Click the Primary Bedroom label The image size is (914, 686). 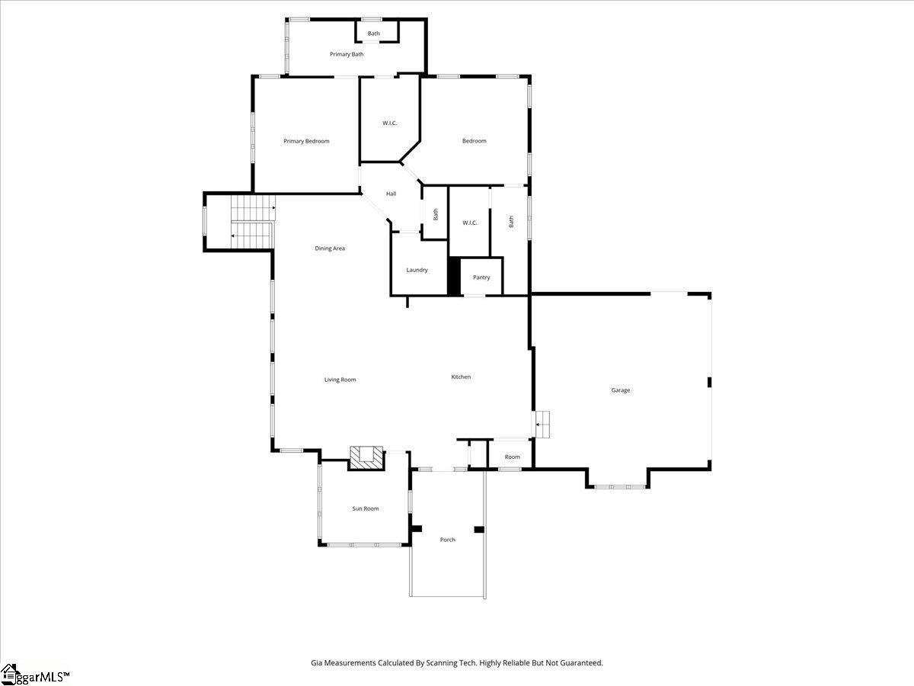tap(306, 141)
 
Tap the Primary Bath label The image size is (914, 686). tap(347, 54)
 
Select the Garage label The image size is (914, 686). tap(621, 390)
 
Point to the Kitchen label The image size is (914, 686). tap(461, 377)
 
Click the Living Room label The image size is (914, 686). tap(340, 380)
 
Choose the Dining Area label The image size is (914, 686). tap(330, 248)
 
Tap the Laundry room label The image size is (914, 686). tap(417, 271)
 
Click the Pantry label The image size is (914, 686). tap(481, 277)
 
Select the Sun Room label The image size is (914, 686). tap(365, 508)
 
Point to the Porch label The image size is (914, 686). tap(448, 540)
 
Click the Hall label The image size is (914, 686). tap(391, 194)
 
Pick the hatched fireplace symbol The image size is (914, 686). tap(366, 459)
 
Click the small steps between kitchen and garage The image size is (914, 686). tap(542, 425)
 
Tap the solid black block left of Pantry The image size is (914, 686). tap(454, 277)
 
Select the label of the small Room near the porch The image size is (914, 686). tap(512, 457)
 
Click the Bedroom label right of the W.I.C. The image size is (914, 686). tap(474, 141)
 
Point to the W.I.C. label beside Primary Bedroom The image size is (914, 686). tap(389, 123)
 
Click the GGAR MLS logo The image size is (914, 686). tap(34, 675)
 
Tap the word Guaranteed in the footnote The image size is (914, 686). tap(581, 662)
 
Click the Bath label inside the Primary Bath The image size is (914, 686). tap(373, 34)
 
